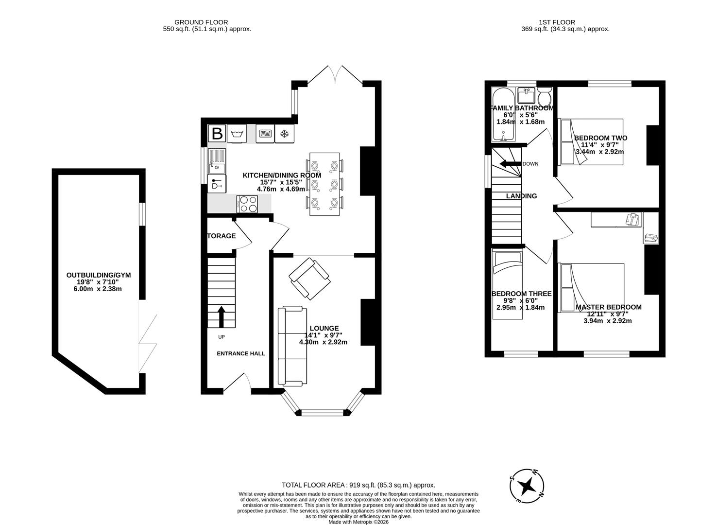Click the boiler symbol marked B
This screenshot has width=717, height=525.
pyautogui.click(x=217, y=133)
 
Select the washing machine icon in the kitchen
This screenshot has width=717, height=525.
pyautogui.click(x=237, y=133)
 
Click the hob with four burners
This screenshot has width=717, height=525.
pyautogui.click(x=248, y=204)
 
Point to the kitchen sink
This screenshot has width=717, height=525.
pyautogui.click(x=217, y=161)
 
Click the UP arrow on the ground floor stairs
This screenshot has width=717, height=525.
pyautogui.click(x=222, y=316)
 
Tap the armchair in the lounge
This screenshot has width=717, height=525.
pyautogui.click(x=309, y=279)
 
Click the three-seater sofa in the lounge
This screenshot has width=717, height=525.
pyautogui.click(x=289, y=346)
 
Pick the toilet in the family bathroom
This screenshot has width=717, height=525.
pyautogui.click(x=545, y=96)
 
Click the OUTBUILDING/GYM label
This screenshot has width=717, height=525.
pyautogui.click(x=99, y=275)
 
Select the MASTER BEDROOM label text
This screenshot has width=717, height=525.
pyautogui.click(x=608, y=307)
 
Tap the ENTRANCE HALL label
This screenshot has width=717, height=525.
pyautogui.click(x=240, y=353)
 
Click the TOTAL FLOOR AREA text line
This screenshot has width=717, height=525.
pyautogui.click(x=358, y=485)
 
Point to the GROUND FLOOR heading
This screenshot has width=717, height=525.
pyautogui.click(x=201, y=22)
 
